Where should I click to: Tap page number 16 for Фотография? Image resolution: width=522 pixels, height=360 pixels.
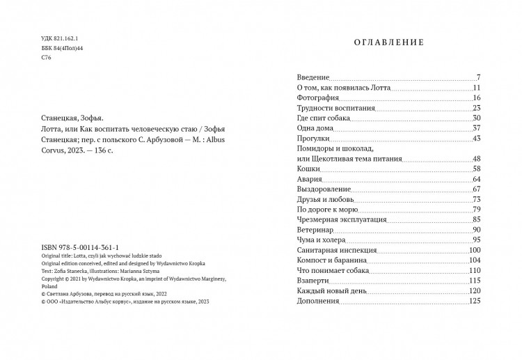pyautogui.click(x=476, y=99)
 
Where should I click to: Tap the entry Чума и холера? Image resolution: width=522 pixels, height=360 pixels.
pyautogui.click(x=317, y=240)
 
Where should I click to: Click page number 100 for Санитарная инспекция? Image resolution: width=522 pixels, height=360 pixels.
pyautogui.click(x=475, y=251)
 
